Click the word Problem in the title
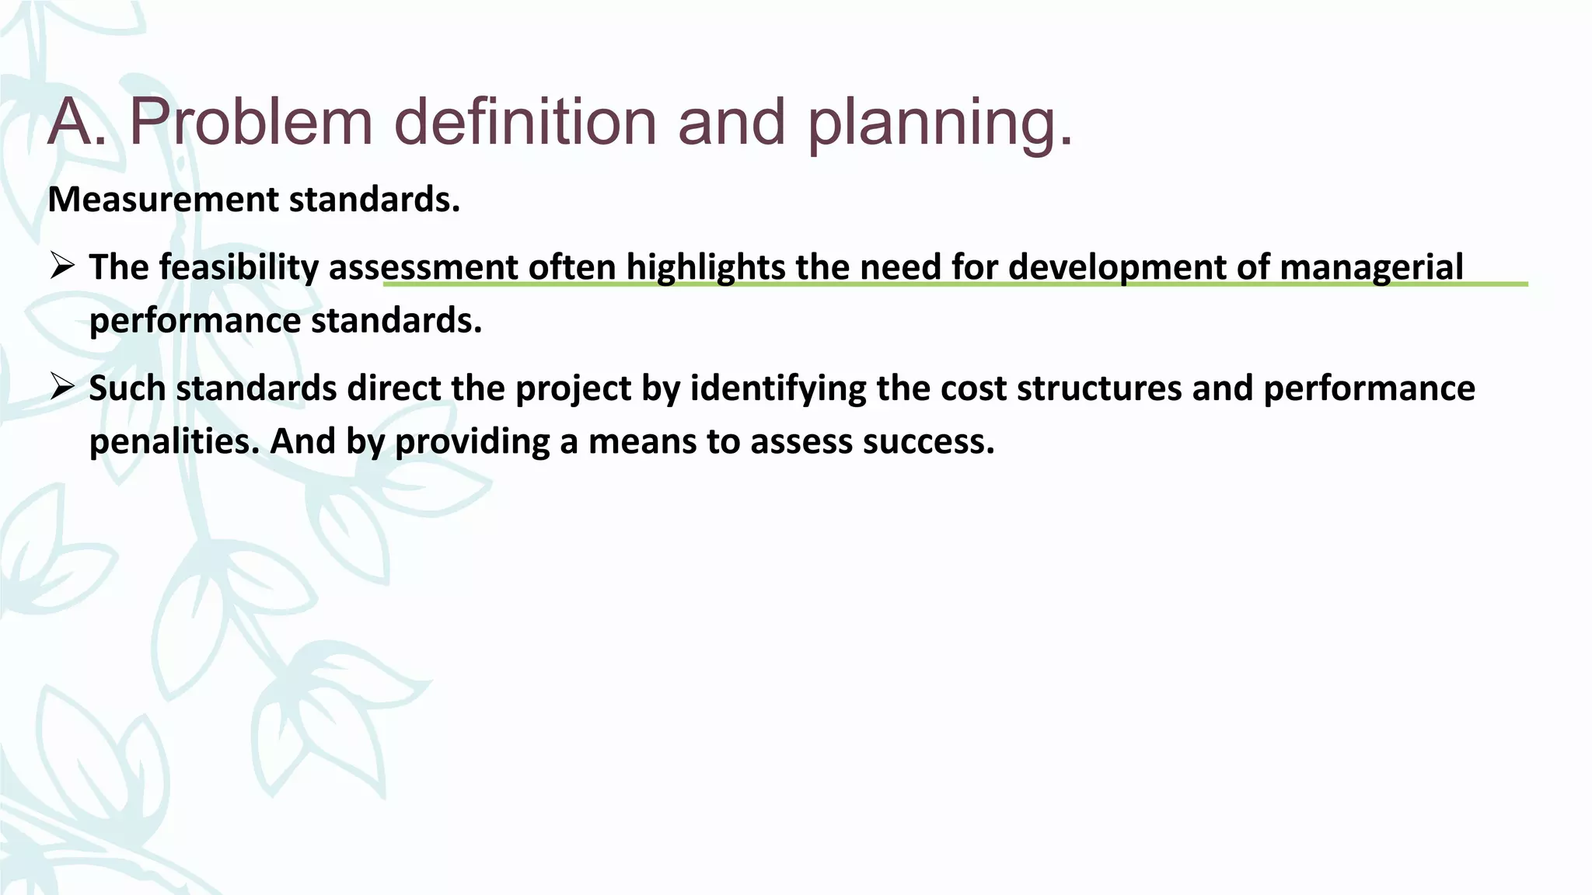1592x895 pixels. [x=250, y=122]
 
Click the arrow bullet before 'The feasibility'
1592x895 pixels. [x=61, y=266]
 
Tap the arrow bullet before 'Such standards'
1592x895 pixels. [x=61, y=387]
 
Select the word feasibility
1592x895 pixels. [x=239, y=268]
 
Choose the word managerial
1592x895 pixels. [x=1371, y=268]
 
